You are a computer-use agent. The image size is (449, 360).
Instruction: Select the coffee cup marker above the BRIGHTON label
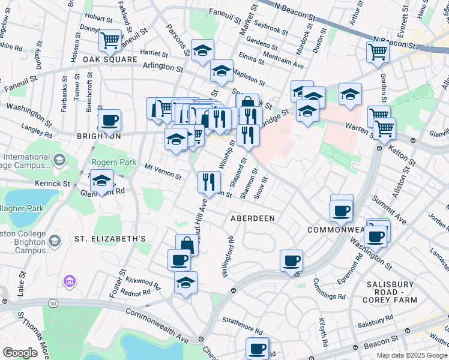tap(110, 120)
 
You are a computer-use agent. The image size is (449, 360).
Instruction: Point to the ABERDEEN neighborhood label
tap(253, 219)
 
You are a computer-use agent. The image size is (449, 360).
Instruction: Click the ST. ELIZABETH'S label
tap(110, 239)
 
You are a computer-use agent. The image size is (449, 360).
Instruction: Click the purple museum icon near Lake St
tap(69, 280)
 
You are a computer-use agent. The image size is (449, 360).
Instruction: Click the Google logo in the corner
tap(20, 353)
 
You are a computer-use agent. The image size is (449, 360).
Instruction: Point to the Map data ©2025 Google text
tap(411, 355)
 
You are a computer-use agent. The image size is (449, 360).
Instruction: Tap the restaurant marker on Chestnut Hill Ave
tap(208, 181)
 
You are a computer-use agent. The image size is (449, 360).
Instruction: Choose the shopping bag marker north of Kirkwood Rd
tap(187, 244)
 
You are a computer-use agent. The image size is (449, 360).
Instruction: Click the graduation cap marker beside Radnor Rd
tap(185, 281)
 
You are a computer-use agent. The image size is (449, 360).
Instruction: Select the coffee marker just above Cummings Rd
tap(291, 260)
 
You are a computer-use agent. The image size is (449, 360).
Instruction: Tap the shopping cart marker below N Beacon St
tap(378, 52)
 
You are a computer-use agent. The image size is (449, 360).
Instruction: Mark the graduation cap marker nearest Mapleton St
tap(221, 71)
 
